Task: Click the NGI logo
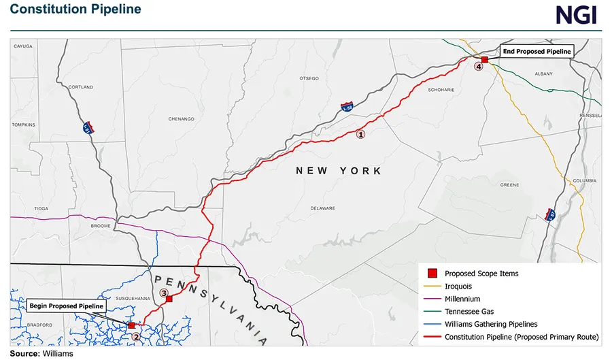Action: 576,14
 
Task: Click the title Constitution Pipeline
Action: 75,10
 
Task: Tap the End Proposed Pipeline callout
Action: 536,51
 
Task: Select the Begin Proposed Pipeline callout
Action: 67,306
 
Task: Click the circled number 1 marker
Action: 361,134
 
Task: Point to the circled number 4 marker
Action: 479,67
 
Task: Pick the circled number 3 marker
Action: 163,293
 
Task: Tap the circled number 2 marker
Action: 135,336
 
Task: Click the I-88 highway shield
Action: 347,108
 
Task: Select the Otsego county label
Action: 309,78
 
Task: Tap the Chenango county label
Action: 181,118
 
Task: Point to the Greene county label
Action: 509,184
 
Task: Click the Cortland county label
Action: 82,87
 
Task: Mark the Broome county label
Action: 100,225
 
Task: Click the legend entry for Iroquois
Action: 461,287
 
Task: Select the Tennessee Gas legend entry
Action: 468,311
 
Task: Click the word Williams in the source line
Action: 58,354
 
